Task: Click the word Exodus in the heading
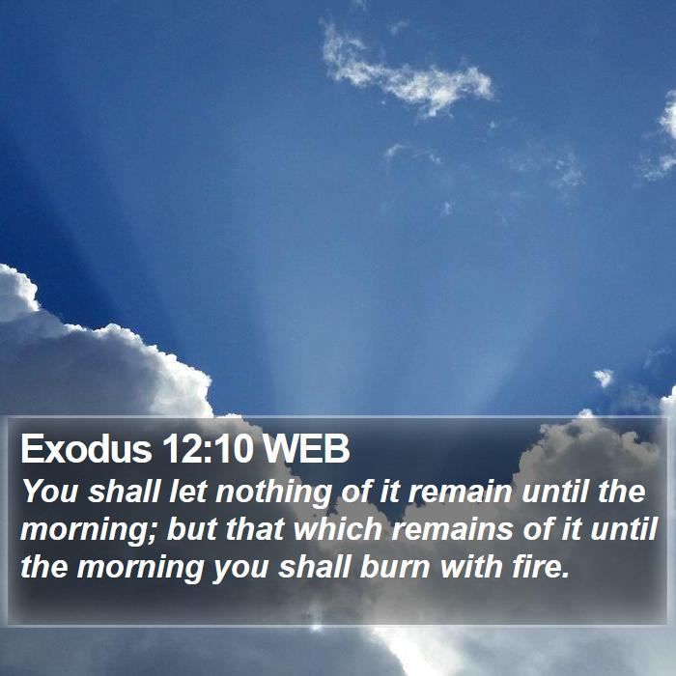coord(86,449)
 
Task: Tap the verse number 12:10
coord(208,449)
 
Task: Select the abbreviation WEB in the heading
coord(306,449)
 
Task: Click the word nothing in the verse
coord(273,493)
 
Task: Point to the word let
coord(188,491)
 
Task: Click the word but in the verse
coord(193,528)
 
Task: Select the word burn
coord(395,566)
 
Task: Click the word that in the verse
coord(255,528)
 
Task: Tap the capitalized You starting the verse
coord(49,491)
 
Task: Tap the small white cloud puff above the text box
coord(604,378)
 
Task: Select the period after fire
coord(566,576)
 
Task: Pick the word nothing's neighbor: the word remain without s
coord(460,491)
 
